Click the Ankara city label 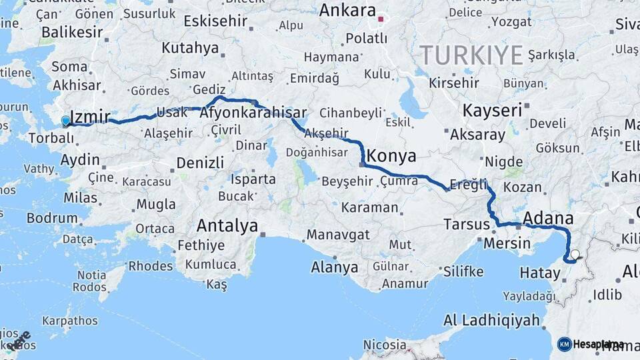[347, 10]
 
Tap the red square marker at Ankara [381, 19]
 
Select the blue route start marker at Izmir [65, 121]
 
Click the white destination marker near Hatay [575, 254]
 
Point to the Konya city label [392, 157]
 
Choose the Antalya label [227, 226]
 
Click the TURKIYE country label [471, 55]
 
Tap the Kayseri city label [492, 110]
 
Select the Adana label [549, 218]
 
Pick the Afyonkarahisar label [253, 113]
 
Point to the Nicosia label [385, 345]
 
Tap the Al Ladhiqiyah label [491, 320]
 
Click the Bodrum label [52, 217]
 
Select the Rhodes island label [150, 266]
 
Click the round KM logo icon [564, 344]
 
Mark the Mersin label [506, 243]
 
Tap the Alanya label [335, 268]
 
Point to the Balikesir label [72, 32]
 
